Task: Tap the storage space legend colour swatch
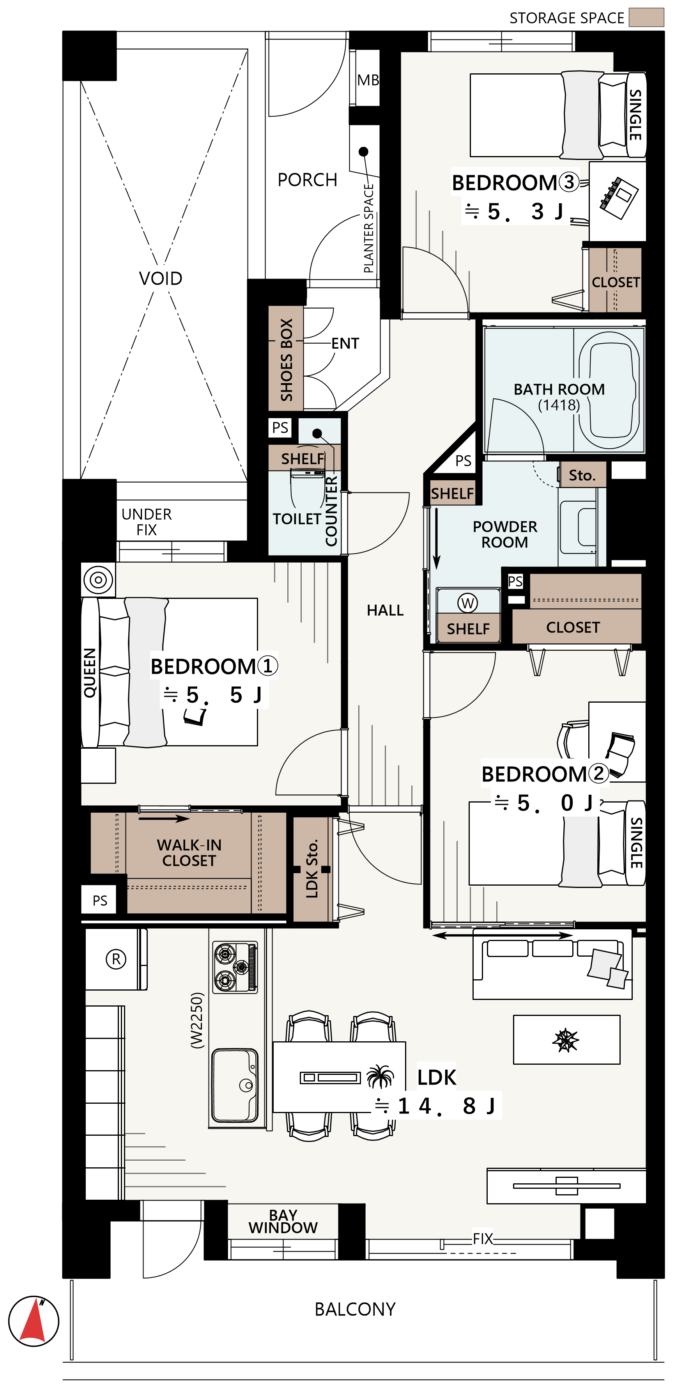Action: pos(646,17)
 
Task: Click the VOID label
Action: pos(161,278)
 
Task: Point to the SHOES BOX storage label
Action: pos(286,359)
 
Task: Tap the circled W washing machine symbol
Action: pos(468,602)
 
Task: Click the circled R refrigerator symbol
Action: pos(116,959)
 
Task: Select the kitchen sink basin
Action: pos(235,1085)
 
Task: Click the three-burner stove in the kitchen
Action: pos(235,967)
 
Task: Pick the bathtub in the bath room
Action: pos(609,390)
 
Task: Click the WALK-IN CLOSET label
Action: pos(189,853)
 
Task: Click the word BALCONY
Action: pos(355,1309)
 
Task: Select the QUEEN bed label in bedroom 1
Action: pos(89,673)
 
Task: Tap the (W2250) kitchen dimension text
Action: pos(197,1020)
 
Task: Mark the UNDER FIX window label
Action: pos(147,522)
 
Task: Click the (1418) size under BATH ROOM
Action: pos(559,405)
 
